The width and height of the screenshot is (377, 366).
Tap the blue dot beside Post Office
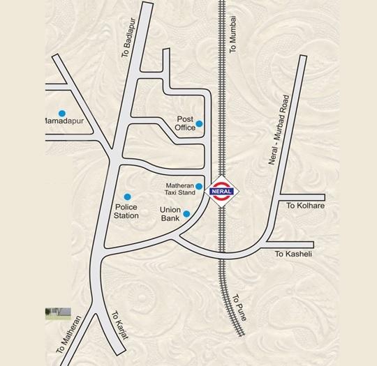tap(199, 124)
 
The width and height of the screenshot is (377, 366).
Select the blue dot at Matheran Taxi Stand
tap(199, 186)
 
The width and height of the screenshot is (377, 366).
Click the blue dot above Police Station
tap(127, 197)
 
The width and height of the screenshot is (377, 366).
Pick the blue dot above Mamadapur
tap(61, 113)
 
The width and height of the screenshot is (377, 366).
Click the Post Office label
tap(185, 123)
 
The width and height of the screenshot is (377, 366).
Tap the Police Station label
tap(126, 211)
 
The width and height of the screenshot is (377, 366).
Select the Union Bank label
tap(170, 214)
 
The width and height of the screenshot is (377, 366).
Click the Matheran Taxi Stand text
tap(179, 188)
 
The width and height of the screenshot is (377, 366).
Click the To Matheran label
tap(71, 335)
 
